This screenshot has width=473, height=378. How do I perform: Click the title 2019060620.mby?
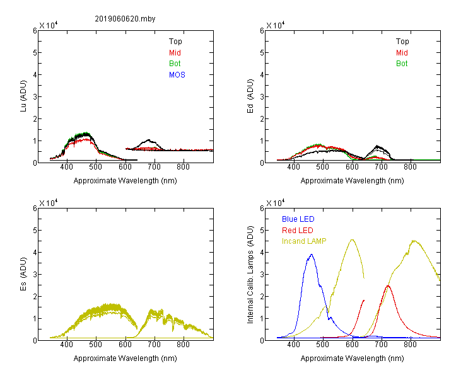(x=125, y=19)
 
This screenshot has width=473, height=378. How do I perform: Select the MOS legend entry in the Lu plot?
(x=177, y=75)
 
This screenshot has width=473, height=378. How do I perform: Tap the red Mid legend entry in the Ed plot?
(x=402, y=53)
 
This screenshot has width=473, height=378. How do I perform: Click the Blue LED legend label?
(x=298, y=219)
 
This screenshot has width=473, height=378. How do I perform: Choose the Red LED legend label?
(x=298, y=231)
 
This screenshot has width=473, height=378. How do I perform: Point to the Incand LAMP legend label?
(x=304, y=241)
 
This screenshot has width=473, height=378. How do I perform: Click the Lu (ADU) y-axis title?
(x=23, y=96)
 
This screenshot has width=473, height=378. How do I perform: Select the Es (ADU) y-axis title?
(x=23, y=274)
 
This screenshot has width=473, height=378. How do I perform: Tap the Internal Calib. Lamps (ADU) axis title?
(x=250, y=275)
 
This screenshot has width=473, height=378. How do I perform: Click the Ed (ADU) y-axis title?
(x=250, y=96)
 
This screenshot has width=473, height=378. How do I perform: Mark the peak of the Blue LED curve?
(x=312, y=255)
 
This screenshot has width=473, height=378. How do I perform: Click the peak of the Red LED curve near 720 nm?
(x=388, y=285)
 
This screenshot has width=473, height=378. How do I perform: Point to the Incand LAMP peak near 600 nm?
(x=352, y=239)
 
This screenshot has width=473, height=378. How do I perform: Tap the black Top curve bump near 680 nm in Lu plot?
(x=148, y=140)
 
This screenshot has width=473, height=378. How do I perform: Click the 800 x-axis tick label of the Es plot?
(x=183, y=345)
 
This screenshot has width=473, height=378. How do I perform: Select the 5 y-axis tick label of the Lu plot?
(x=35, y=53)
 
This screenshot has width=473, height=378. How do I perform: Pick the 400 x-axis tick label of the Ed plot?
(x=293, y=167)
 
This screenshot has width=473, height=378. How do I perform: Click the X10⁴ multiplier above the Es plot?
(x=49, y=203)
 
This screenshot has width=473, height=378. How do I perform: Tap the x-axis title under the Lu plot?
(x=126, y=181)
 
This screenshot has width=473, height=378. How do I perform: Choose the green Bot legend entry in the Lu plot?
(x=175, y=64)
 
